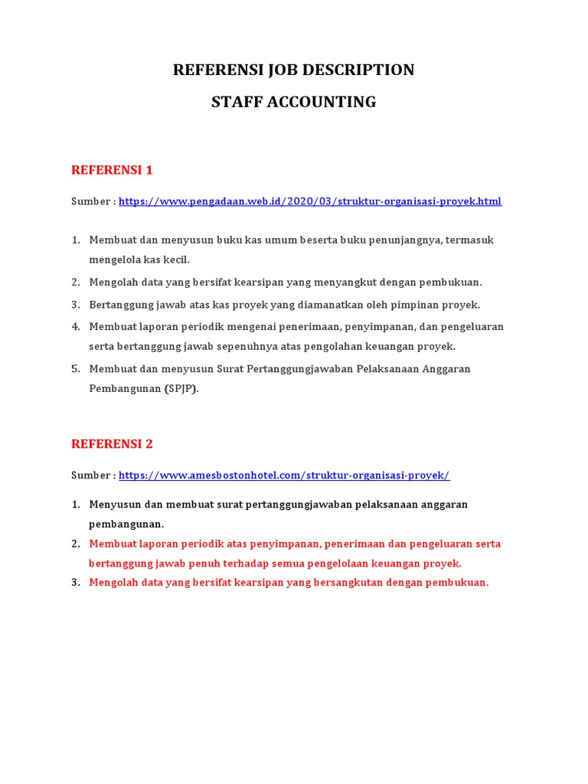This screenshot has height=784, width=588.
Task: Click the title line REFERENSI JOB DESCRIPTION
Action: tap(293, 70)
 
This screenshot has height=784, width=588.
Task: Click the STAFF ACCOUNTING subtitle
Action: tap(293, 101)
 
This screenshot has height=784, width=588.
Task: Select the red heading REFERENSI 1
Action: tap(112, 169)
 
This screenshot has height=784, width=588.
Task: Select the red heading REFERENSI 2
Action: tap(112, 443)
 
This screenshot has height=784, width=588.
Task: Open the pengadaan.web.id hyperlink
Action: tap(310, 201)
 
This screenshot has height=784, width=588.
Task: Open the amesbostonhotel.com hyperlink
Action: tap(284, 475)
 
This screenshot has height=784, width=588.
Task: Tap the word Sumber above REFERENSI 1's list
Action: tap(91, 201)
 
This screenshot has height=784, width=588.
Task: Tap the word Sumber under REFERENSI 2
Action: tap(91, 475)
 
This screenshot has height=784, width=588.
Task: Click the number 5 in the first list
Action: tap(76, 369)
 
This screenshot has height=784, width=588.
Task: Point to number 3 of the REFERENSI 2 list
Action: tap(76, 583)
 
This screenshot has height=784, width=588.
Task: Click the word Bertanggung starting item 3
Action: tap(120, 305)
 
